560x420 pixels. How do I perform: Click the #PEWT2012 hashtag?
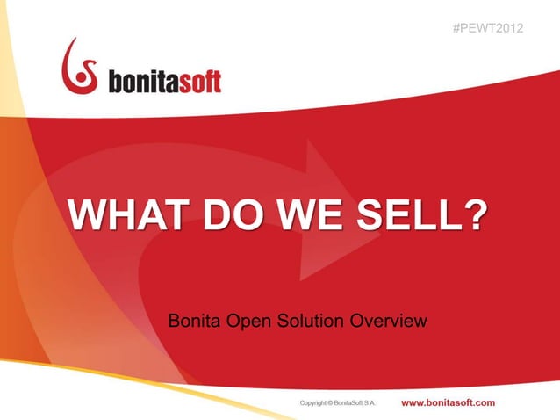[488, 28]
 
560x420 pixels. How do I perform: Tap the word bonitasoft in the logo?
[164, 82]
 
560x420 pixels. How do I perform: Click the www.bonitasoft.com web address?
[448, 402]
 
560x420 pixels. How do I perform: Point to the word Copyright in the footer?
[316, 403]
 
